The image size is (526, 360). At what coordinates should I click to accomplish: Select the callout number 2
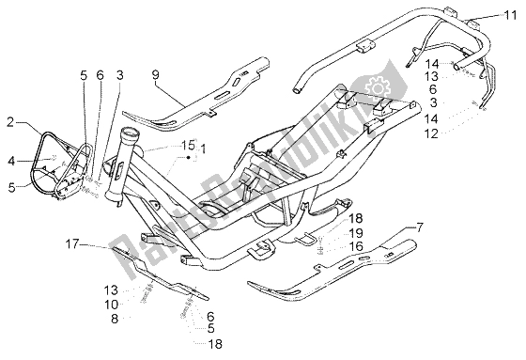coord(10,121)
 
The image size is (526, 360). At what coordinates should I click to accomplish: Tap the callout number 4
coord(10,161)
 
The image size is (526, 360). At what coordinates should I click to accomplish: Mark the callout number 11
coord(508,15)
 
